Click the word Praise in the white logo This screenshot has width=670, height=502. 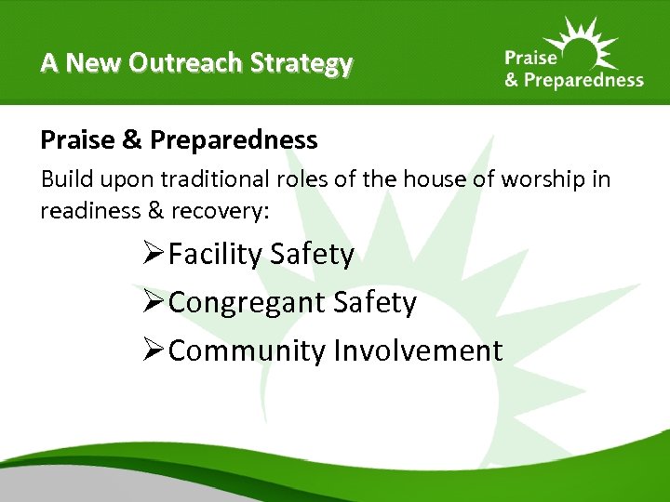coord(532,59)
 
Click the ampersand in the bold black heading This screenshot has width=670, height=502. coord(130,140)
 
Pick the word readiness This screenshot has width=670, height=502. coord(90,211)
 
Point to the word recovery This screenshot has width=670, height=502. coord(220,211)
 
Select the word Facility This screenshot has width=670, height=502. coord(216,255)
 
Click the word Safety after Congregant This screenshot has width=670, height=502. coord(375,303)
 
